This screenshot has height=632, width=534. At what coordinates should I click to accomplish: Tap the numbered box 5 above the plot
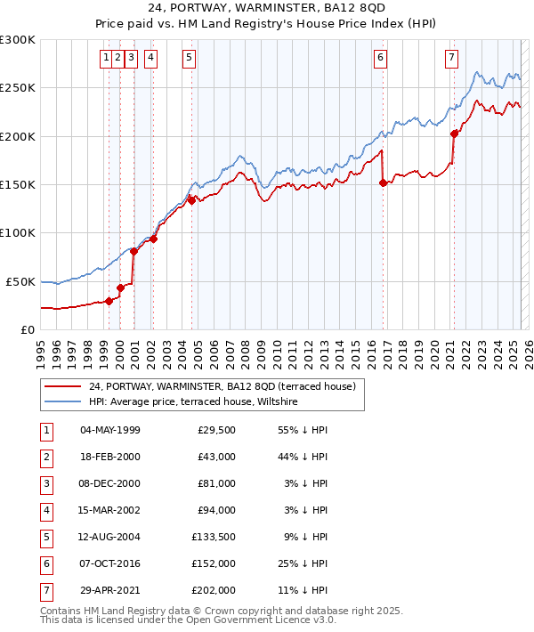pos(190,59)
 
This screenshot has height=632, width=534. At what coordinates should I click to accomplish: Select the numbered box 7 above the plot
pos(452,59)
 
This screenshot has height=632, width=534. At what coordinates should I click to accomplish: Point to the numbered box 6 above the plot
pos(380,59)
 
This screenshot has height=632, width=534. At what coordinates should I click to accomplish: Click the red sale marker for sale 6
pos(383,182)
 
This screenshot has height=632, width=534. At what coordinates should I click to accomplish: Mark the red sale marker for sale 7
pos(454,134)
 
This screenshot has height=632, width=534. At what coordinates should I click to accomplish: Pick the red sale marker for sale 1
pos(109,301)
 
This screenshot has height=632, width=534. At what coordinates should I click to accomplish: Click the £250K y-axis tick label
pos(18,88)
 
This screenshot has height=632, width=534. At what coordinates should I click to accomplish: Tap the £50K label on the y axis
pos(21,281)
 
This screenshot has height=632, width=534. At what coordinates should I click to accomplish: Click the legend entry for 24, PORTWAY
pos(222,386)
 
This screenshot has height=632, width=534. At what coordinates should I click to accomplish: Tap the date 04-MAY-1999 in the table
pos(110,431)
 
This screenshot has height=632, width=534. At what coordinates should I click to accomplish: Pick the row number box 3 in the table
pos(45,484)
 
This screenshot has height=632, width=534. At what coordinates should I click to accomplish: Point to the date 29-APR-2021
pos(110,590)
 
